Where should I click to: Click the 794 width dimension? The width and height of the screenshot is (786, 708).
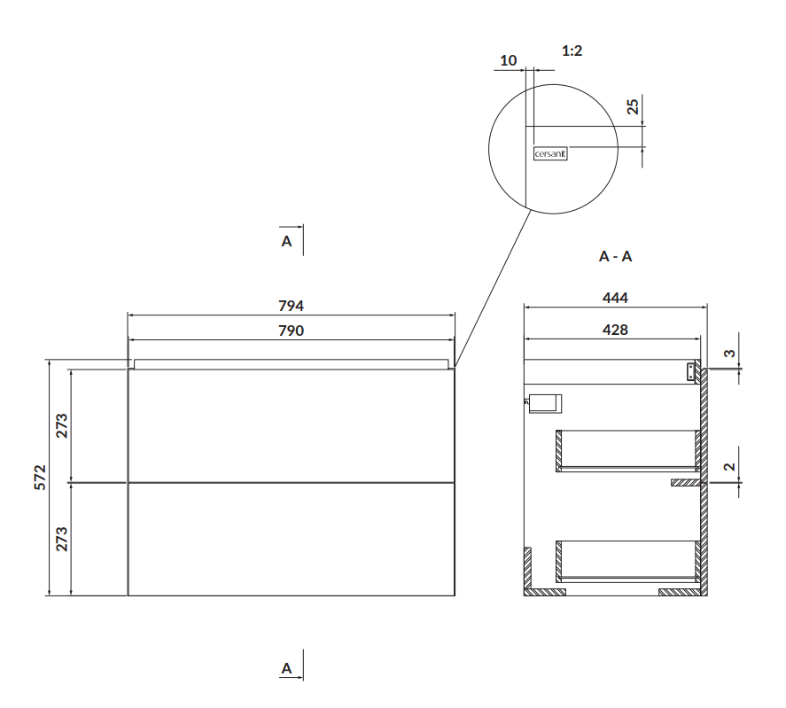(x=291, y=306)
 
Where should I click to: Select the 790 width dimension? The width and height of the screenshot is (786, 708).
(x=291, y=331)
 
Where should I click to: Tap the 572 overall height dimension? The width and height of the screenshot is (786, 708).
(x=40, y=478)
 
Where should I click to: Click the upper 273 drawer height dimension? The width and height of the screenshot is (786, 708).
(x=61, y=425)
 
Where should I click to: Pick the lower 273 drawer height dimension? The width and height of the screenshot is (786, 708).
(x=61, y=539)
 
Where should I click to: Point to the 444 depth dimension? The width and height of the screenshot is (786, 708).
(x=615, y=298)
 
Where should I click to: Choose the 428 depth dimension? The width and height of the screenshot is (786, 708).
(x=615, y=330)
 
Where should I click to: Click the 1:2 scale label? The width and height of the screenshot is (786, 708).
(x=572, y=51)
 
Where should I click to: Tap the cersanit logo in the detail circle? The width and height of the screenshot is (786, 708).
(x=550, y=154)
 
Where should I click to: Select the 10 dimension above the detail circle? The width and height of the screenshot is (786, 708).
(x=509, y=60)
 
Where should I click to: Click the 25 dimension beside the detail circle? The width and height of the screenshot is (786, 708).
(x=633, y=106)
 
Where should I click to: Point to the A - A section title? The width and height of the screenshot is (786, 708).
(x=615, y=257)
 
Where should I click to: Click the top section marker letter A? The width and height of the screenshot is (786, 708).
(x=286, y=242)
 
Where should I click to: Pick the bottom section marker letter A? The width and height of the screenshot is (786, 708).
(x=286, y=668)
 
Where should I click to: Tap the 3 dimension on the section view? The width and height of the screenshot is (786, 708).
(x=730, y=353)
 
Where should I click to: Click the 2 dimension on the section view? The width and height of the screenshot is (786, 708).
(x=730, y=466)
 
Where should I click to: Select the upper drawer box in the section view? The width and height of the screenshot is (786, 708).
(x=628, y=451)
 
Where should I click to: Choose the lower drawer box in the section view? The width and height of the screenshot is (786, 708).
(x=628, y=562)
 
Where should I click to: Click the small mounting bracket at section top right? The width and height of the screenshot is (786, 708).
(x=692, y=371)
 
